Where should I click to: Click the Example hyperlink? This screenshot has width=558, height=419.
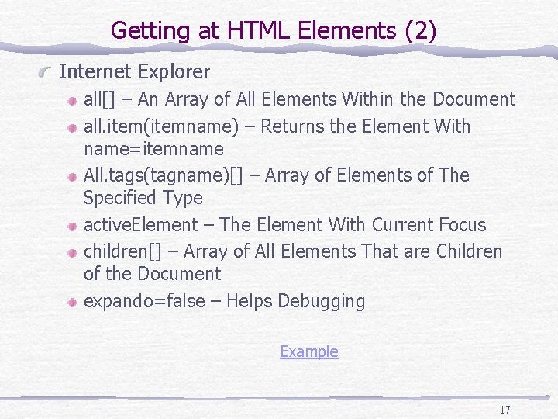(308, 351)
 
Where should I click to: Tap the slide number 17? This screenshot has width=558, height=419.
(505, 410)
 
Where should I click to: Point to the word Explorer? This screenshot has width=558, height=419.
(174, 72)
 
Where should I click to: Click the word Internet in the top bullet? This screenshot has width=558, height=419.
(95, 72)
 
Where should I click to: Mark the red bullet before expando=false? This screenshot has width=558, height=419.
(71, 302)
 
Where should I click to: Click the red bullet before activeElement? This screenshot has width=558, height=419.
(71, 226)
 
